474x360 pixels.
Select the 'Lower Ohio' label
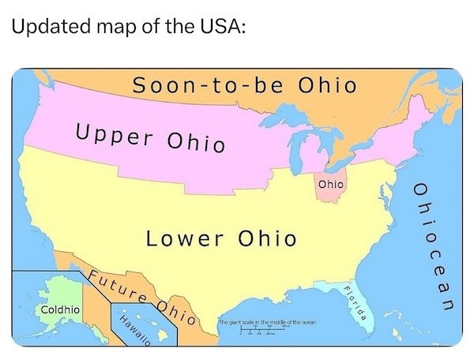coord(220,238)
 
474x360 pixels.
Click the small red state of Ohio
coord(331,189)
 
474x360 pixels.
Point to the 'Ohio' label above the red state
coord(332,183)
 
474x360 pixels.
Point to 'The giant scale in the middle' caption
coord(267,324)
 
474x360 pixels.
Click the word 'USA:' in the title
coord(221,26)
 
